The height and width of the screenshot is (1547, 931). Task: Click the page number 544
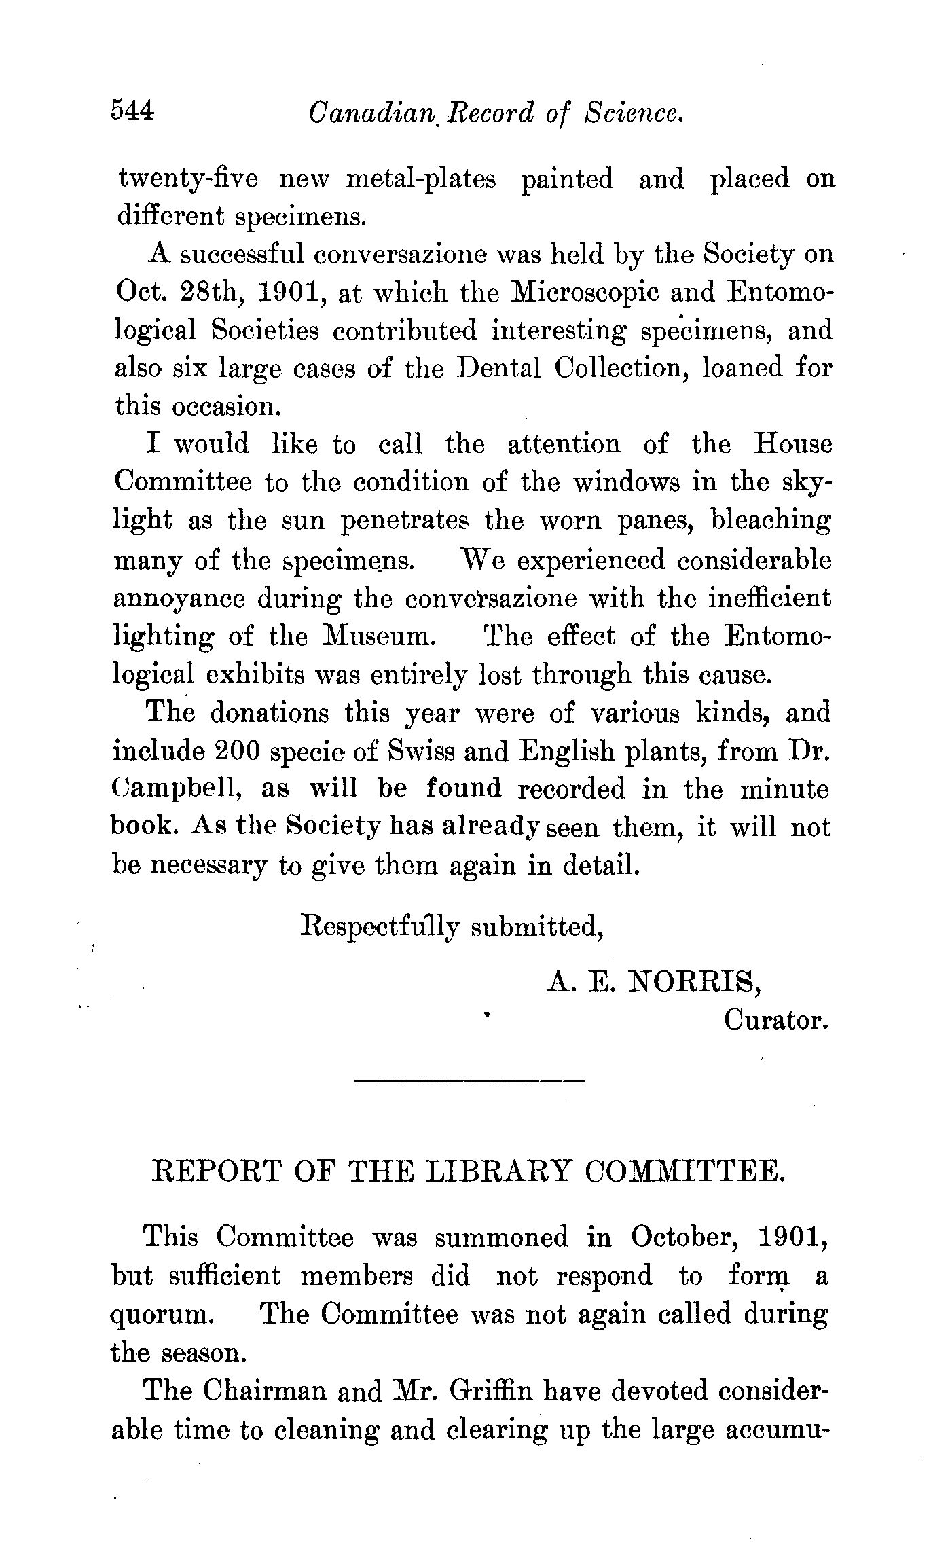pos(133,110)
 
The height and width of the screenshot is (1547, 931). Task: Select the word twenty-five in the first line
pos(187,179)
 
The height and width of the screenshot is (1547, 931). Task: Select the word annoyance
pos(179,600)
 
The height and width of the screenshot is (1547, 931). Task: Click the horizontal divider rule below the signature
pos(470,1080)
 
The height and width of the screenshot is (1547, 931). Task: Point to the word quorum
pos(162,1315)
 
